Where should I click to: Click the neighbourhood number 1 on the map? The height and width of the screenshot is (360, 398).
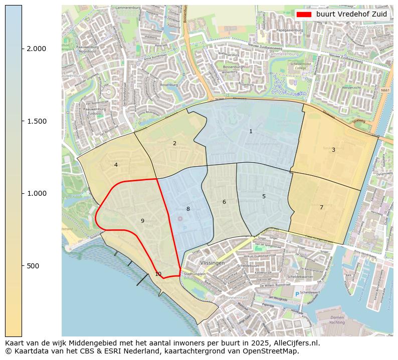(251, 132)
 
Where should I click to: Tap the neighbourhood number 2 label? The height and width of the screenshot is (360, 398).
(174, 144)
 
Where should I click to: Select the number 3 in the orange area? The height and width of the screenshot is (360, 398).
(333, 150)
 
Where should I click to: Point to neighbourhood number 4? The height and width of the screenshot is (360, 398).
(116, 165)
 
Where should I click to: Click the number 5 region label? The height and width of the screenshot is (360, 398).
(264, 196)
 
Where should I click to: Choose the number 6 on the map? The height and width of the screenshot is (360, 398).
(224, 202)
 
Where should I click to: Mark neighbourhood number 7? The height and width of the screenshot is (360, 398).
(321, 207)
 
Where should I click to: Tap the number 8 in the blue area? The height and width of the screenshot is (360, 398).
(188, 209)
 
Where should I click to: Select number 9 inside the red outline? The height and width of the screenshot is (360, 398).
(142, 221)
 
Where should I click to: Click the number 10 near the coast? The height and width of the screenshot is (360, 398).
(158, 274)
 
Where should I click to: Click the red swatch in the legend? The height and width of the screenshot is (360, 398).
(304, 15)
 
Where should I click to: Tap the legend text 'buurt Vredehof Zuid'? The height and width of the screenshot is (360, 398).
(351, 15)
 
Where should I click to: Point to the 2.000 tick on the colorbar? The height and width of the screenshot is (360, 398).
(36, 49)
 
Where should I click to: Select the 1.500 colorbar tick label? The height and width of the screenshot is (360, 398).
(36, 121)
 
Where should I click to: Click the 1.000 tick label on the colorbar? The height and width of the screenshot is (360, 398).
(36, 193)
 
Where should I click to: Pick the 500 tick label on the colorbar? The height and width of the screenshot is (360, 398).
(33, 266)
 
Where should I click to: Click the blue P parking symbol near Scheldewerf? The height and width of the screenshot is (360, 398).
(297, 294)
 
